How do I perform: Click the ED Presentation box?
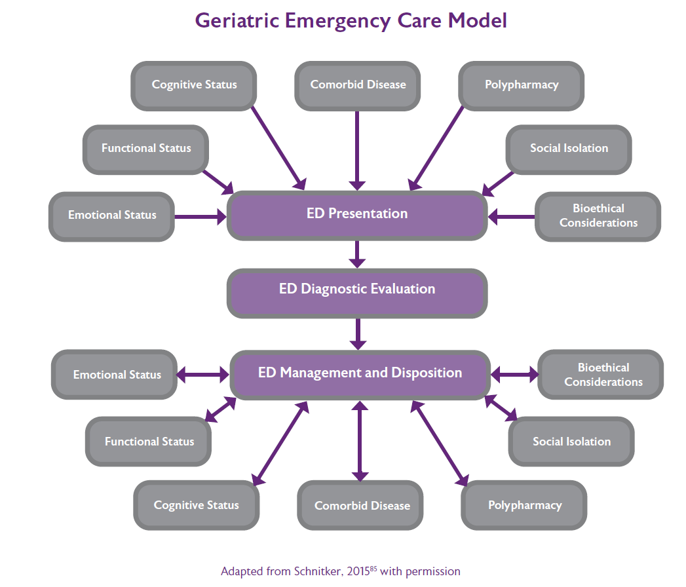click(x=357, y=214)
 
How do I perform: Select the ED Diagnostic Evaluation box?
click(x=357, y=290)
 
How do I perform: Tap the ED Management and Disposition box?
click(x=360, y=373)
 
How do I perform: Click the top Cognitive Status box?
click(x=195, y=85)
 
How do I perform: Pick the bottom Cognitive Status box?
click(x=197, y=505)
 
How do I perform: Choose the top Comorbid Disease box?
click(x=358, y=85)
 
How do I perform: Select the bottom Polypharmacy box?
click(x=524, y=506)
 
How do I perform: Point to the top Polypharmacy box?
click(x=522, y=85)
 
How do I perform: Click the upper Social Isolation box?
click(x=569, y=149)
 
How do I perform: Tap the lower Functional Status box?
click(x=149, y=442)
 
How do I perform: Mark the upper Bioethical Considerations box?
click(x=598, y=216)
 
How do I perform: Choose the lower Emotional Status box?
click(x=115, y=375)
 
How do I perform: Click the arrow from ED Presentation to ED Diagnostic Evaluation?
click(x=357, y=254)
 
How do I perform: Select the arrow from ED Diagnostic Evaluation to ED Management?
click(x=357, y=333)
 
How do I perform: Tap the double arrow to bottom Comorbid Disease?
click(x=359, y=441)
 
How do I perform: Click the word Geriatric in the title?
click(x=237, y=20)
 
